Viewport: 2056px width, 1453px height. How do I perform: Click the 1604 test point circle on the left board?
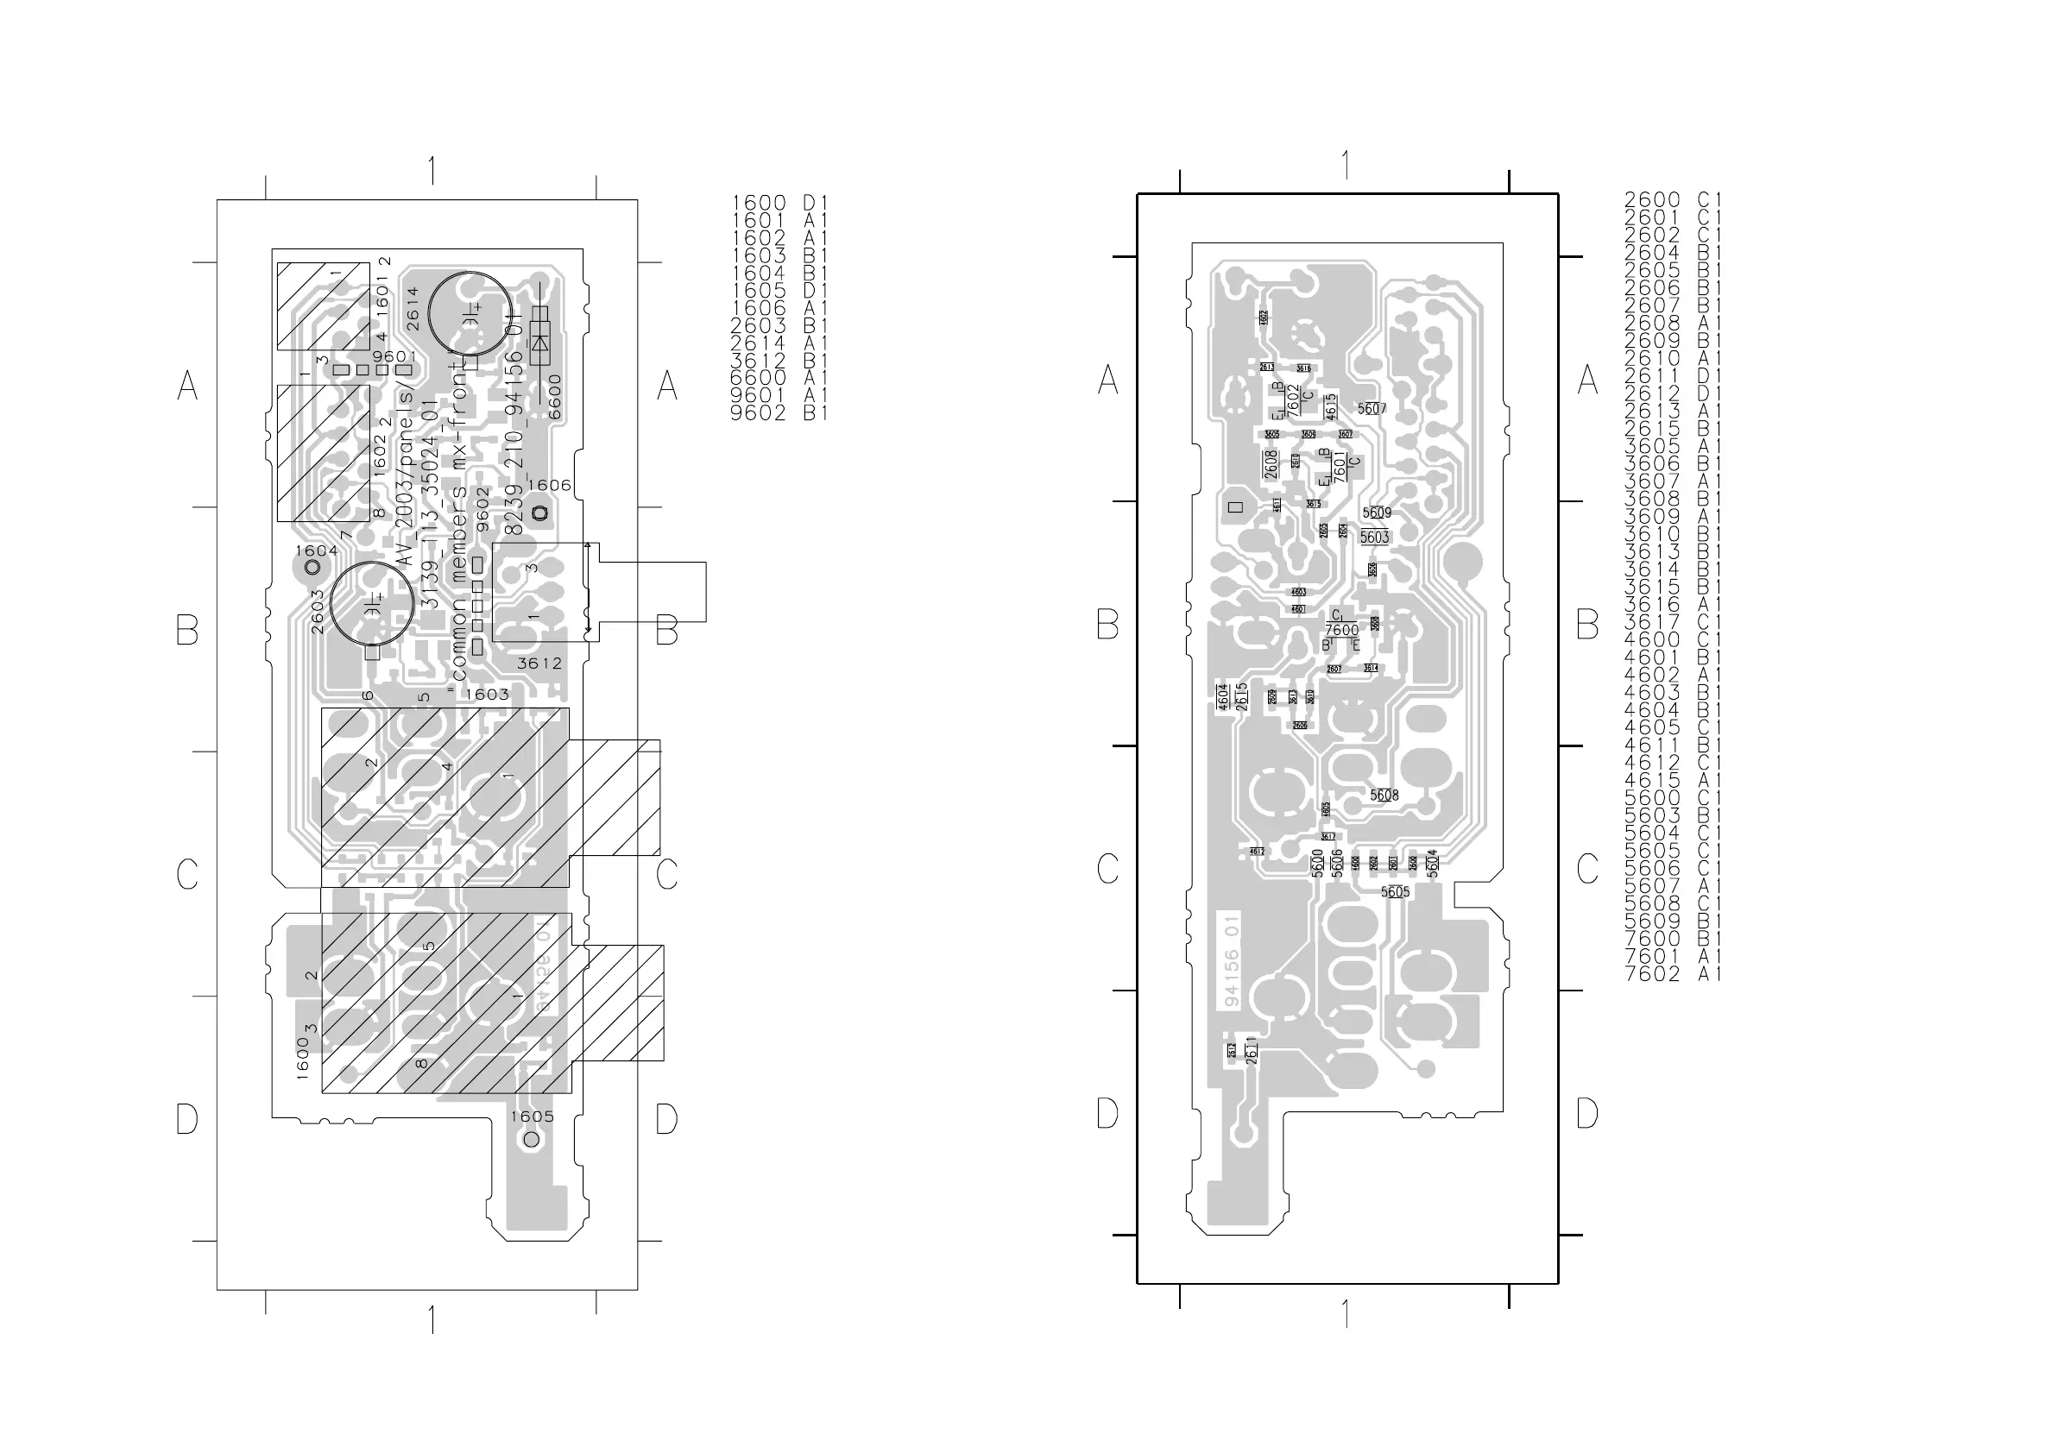312,568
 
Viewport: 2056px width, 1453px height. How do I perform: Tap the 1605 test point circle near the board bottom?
531,1140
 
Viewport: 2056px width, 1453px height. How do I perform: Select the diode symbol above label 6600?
540,342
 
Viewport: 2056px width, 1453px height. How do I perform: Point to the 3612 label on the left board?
539,664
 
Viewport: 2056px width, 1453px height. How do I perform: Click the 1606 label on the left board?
549,485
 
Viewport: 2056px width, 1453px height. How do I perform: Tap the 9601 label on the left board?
395,357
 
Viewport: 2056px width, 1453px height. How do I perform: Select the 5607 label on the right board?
1371,409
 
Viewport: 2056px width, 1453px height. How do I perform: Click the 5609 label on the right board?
1377,513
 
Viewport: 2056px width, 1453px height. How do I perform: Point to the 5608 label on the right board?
1384,795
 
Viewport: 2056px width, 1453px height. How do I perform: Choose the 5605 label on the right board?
1394,891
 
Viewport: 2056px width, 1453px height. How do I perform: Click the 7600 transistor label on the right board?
1341,630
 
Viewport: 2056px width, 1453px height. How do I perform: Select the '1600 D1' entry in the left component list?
780,204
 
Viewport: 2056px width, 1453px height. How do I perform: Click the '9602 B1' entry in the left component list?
779,413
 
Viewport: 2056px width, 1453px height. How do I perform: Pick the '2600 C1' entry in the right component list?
1673,199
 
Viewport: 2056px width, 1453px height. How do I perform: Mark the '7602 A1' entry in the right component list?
1673,974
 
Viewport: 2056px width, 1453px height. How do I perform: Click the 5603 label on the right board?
1374,538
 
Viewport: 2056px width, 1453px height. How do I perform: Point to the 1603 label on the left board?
486,694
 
